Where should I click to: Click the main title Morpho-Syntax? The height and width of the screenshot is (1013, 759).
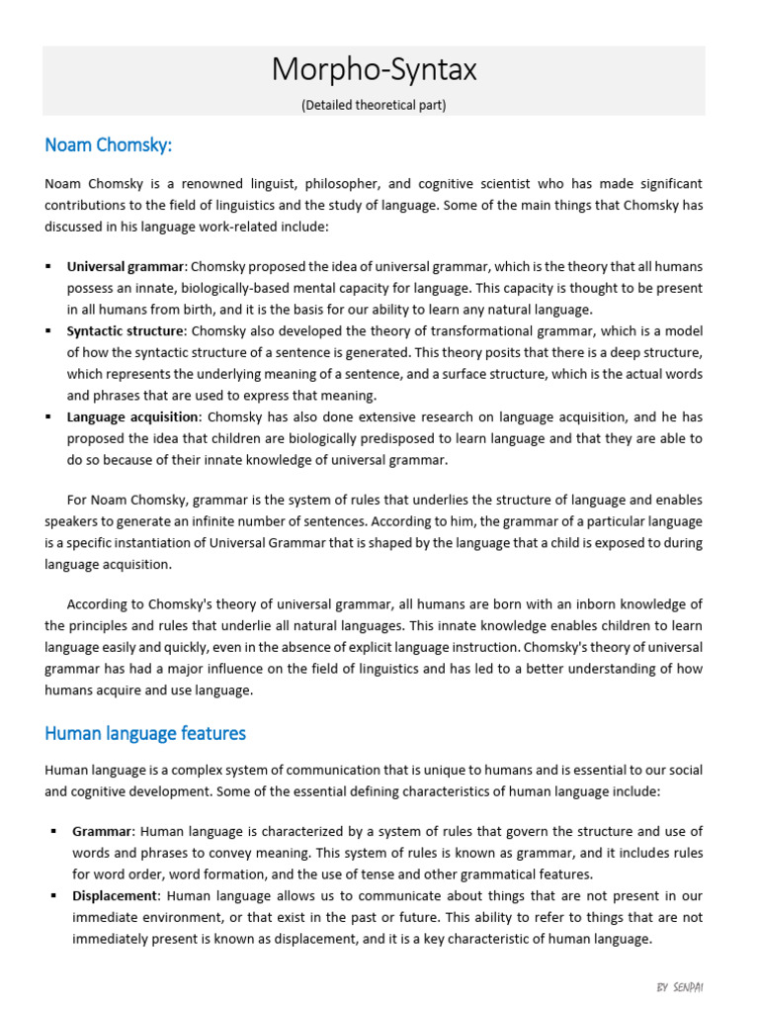pos(374,70)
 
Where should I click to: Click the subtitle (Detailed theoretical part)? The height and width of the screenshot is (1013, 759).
pos(374,105)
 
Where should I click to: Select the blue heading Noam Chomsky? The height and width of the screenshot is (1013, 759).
pos(109,145)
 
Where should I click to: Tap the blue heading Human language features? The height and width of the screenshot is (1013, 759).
pos(145,733)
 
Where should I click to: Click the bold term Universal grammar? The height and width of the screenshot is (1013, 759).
pos(126,266)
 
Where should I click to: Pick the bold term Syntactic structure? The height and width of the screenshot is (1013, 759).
pos(126,330)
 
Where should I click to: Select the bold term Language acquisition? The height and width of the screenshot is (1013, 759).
pos(133,416)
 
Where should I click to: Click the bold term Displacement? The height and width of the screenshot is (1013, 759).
pos(115,895)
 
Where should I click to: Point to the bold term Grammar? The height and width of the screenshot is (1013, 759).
pos(101,831)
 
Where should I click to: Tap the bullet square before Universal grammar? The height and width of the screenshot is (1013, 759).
pos(48,266)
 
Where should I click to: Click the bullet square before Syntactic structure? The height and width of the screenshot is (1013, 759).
pos(48,330)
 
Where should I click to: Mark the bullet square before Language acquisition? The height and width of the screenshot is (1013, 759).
pos(48,416)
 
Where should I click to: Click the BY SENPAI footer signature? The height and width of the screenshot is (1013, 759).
pos(680,987)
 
